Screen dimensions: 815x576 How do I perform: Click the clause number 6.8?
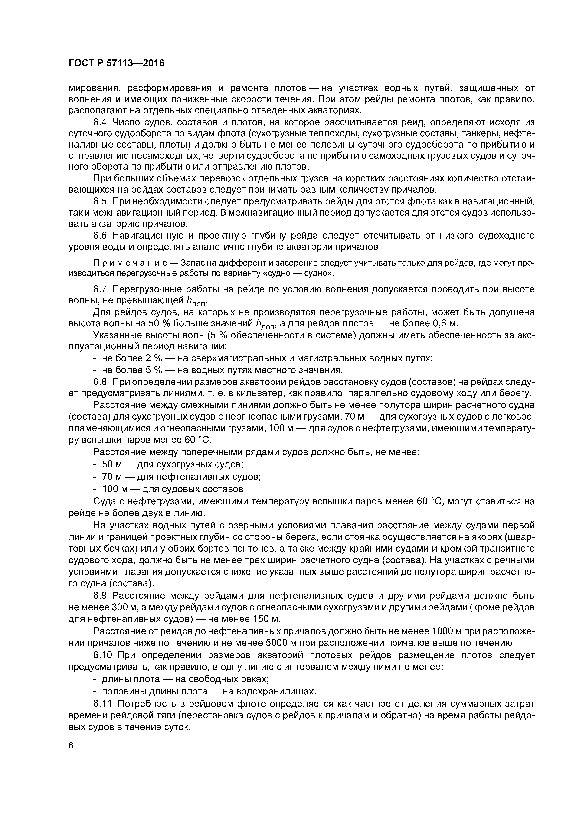[x=100, y=382]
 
